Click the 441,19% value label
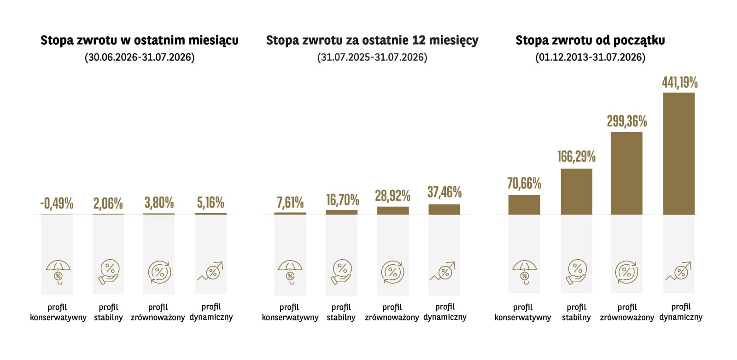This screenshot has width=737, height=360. pyautogui.click(x=680, y=82)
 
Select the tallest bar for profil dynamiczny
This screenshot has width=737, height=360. pyautogui.click(x=679, y=154)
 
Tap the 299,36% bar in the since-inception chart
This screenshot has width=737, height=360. pyautogui.click(x=626, y=173)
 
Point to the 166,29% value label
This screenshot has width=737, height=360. pyautogui.click(x=576, y=157)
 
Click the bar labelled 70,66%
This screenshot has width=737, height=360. pyautogui.click(x=524, y=205)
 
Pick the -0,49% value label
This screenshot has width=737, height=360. pyautogui.click(x=57, y=203)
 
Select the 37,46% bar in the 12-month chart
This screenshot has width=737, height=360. pyautogui.click(x=444, y=209)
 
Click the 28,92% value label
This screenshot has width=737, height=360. pyautogui.click(x=392, y=196)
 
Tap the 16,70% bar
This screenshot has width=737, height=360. pyautogui.click(x=341, y=212)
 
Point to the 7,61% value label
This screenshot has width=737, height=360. pyautogui.click(x=290, y=203)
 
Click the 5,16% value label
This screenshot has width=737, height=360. pyautogui.click(x=211, y=203)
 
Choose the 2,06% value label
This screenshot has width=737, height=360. pyautogui.click(x=108, y=203)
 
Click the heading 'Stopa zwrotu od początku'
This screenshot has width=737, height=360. pyautogui.click(x=590, y=41)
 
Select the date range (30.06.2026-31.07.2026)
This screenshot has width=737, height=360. pyautogui.click(x=140, y=57)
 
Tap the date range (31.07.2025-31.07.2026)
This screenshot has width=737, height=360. pyautogui.click(x=372, y=57)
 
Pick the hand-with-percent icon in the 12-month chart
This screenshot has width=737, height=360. pyautogui.click(x=341, y=272)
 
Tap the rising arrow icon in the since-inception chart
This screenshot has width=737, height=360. pyautogui.click(x=679, y=271)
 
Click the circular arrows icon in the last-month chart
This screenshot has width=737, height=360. pyautogui.click(x=159, y=272)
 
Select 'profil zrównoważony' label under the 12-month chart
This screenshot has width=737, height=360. pyautogui.click(x=392, y=312)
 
